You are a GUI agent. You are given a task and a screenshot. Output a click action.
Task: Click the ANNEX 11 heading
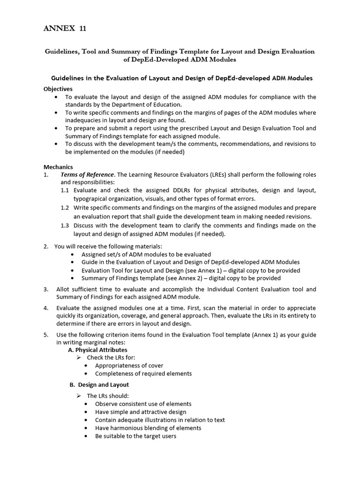click(65, 29)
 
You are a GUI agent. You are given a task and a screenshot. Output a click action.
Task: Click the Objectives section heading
click(58, 89)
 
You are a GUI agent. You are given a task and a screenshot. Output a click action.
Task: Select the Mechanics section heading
click(58, 166)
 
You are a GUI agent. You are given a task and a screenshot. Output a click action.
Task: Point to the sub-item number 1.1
click(65, 190)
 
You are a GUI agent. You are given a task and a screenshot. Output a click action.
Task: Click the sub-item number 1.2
click(65, 208)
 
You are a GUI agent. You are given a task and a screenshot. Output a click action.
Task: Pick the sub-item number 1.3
click(65, 225)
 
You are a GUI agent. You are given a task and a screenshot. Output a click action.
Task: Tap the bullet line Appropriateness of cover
click(129, 366)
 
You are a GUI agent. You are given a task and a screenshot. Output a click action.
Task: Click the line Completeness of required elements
click(143, 374)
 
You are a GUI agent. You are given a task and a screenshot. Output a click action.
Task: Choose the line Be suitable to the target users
click(135, 436)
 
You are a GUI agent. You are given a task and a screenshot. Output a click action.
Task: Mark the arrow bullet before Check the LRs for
click(79, 358)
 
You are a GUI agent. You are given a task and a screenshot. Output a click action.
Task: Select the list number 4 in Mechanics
click(46, 308)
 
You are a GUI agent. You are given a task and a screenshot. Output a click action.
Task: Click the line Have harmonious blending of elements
click(148, 428)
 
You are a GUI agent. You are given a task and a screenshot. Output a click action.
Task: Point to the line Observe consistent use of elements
click(143, 404)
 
